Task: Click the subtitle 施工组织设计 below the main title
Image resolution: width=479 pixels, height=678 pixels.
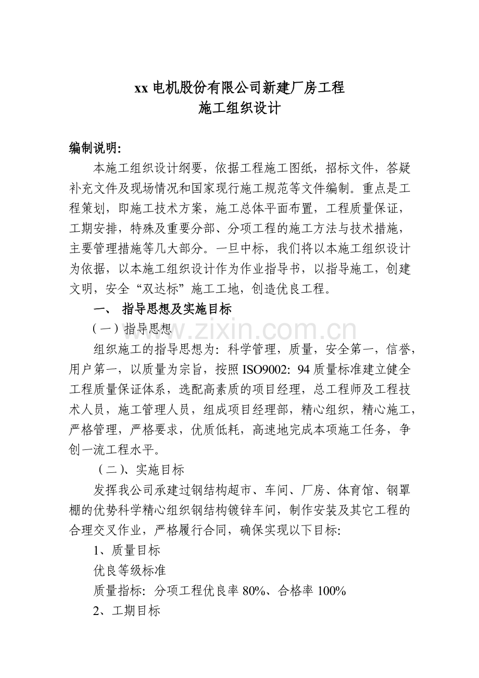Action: point(240,108)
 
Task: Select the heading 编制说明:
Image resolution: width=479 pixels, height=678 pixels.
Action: point(95,148)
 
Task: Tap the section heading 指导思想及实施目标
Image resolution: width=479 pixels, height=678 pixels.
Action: point(177,309)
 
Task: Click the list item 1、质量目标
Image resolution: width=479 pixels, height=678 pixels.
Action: point(127,550)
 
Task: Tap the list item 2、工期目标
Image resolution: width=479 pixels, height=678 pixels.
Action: point(127,611)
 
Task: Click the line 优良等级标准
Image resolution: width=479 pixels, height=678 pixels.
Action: point(130,570)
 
